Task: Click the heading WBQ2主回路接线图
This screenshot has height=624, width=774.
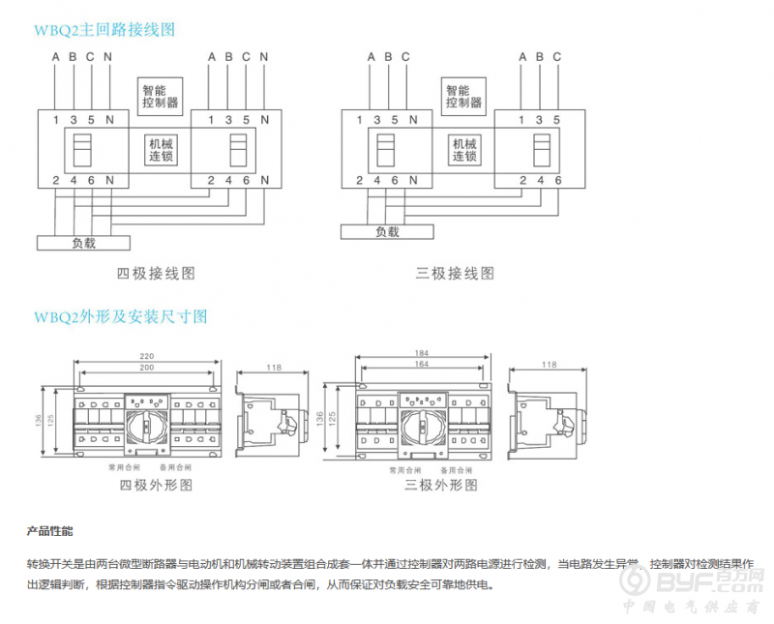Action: click(x=104, y=31)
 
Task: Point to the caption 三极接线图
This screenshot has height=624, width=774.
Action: click(x=455, y=273)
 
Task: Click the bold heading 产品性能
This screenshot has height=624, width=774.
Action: click(x=49, y=531)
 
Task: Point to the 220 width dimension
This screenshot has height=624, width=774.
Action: click(x=147, y=356)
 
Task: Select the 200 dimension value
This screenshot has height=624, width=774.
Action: click(x=147, y=369)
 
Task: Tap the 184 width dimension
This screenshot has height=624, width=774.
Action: click(x=423, y=353)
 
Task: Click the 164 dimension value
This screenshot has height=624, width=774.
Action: click(x=423, y=366)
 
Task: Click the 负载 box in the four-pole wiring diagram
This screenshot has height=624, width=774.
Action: click(x=84, y=243)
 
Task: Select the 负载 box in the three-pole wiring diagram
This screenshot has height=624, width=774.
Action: click(x=387, y=232)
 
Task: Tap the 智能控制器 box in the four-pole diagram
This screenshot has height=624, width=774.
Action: click(x=160, y=95)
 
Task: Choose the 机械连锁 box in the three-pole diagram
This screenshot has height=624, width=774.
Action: click(x=463, y=150)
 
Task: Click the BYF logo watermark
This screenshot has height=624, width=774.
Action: click(x=691, y=582)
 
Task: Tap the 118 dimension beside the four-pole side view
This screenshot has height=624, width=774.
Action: click(x=273, y=368)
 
